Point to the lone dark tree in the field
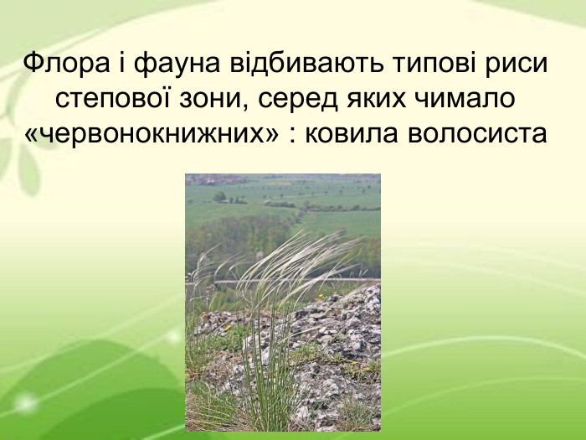tap(219, 196)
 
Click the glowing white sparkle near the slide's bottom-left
tap(24, 402)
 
